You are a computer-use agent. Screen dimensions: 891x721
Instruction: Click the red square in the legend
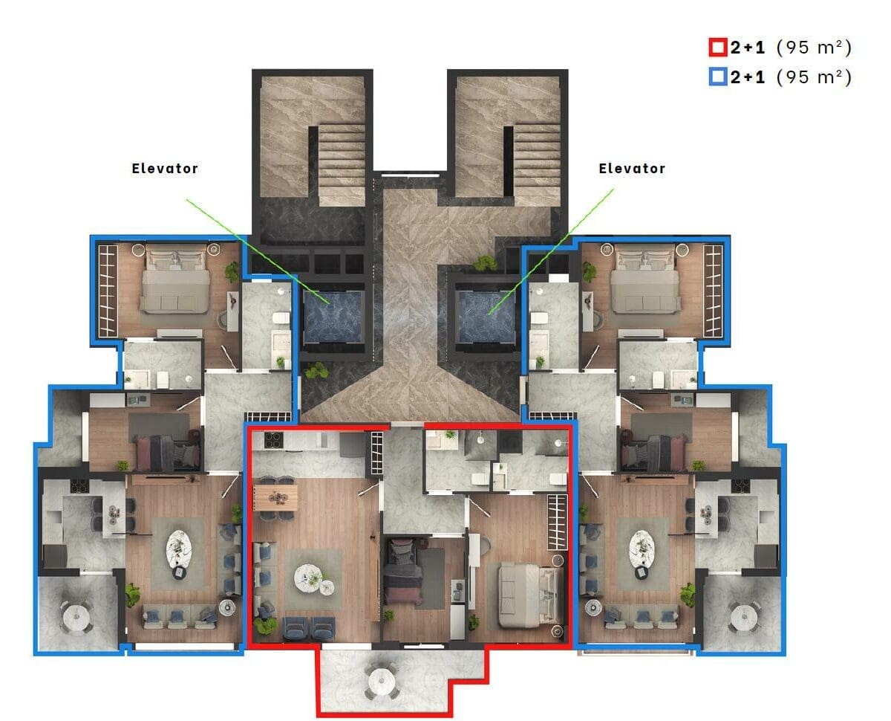[x=717, y=48]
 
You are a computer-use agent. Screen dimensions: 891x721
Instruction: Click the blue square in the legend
[x=717, y=77]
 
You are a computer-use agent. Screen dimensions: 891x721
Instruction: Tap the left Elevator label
[x=165, y=168]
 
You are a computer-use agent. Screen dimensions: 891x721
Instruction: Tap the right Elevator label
[x=632, y=168]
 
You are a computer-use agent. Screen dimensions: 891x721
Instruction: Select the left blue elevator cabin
[x=332, y=317]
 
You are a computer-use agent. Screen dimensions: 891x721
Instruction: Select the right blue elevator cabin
[x=486, y=317]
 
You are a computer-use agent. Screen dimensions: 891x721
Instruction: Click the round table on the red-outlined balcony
[x=381, y=679]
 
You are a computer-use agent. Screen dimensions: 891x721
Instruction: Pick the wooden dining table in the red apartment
[x=275, y=497]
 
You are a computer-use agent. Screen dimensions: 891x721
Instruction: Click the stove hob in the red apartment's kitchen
[x=273, y=440]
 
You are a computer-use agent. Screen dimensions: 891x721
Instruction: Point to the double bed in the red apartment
[x=531, y=595]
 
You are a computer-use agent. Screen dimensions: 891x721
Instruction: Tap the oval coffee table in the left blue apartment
[x=179, y=549]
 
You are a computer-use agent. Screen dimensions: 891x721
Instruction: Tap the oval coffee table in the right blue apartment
[x=641, y=549]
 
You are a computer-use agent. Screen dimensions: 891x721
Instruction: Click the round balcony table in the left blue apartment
[x=76, y=616]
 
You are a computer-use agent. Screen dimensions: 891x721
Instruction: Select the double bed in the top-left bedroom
[x=174, y=279]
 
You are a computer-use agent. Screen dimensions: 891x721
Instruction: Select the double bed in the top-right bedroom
[x=645, y=279]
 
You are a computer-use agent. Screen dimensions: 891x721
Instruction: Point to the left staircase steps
[x=342, y=164]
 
